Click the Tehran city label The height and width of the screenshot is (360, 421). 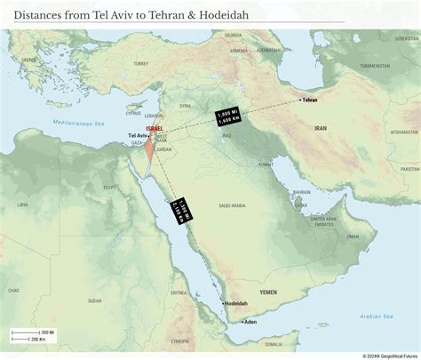pyautogui.click(x=310, y=100)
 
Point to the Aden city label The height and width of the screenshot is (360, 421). pyautogui.click(x=250, y=321)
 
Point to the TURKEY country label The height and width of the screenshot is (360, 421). pyautogui.click(x=140, y=65)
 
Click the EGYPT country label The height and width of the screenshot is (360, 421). pyautogui.click(x=111, y=188)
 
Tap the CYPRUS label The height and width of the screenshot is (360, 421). pyautogui.click(x=134, y=113)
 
